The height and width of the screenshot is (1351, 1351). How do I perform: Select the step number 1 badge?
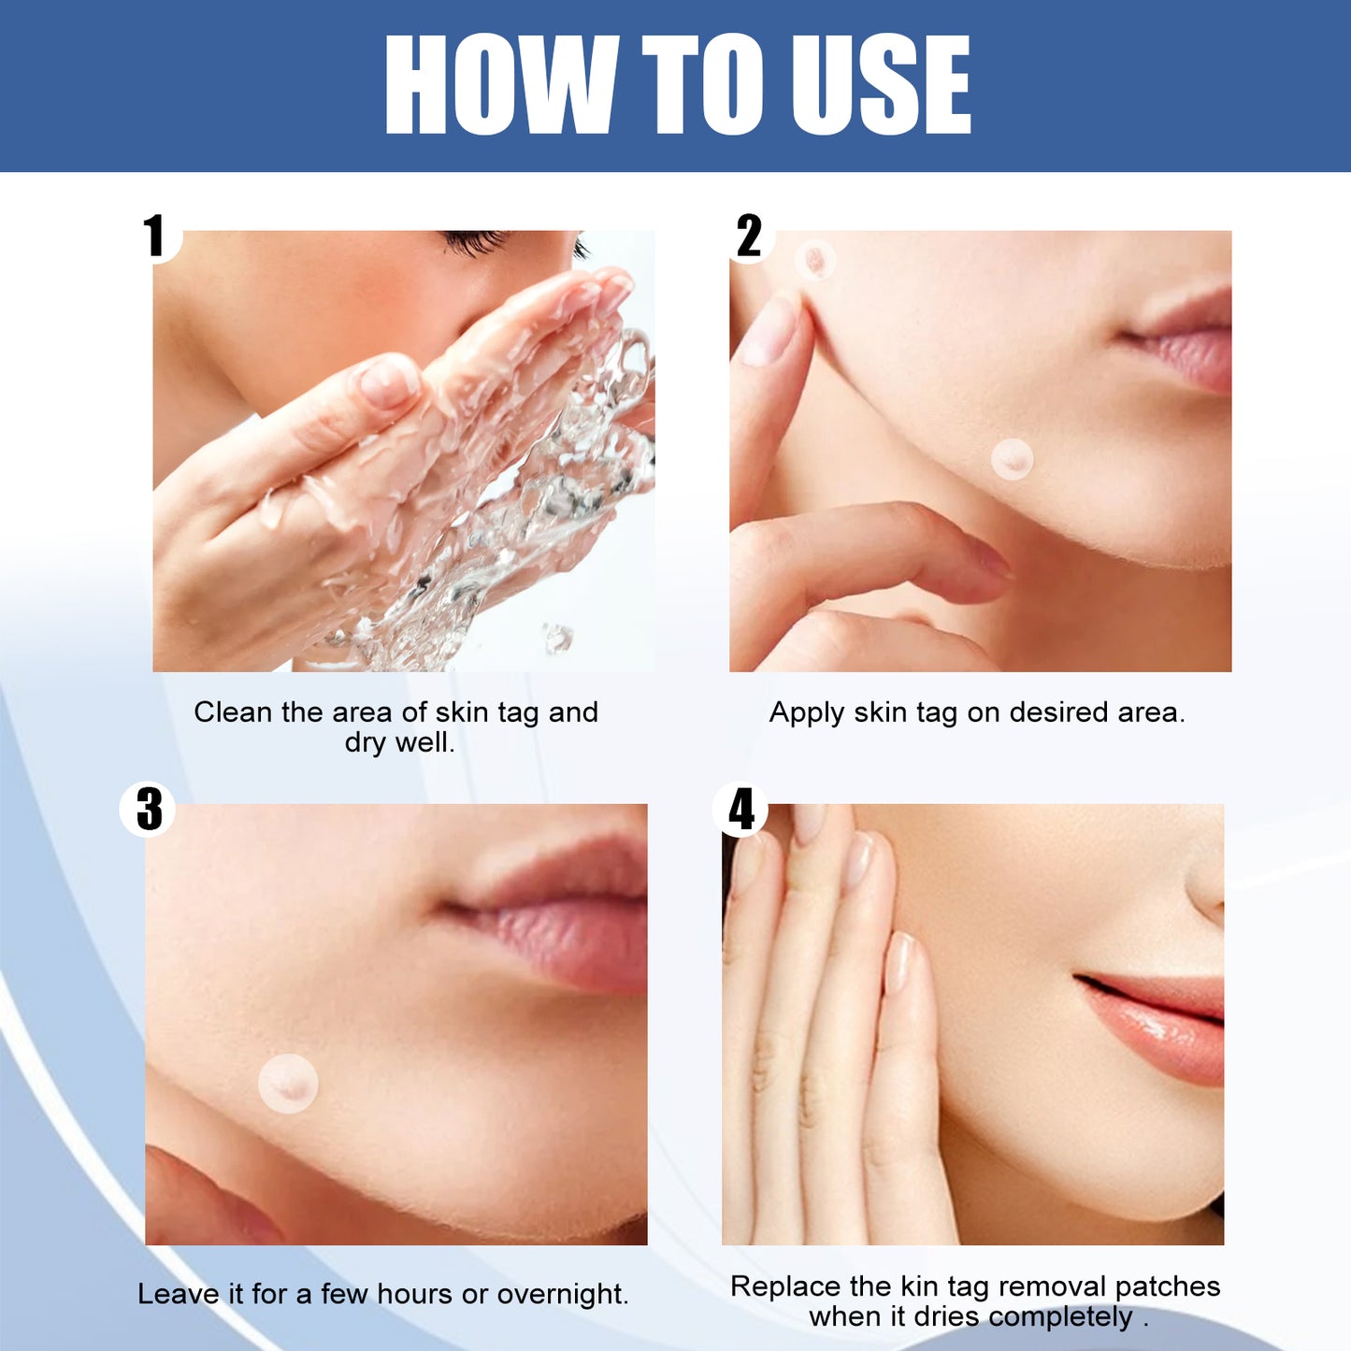(x=154, y=236)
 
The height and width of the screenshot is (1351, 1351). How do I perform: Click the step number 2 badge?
(x=749, y=236)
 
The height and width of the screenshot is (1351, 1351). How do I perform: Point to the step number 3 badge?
(x=149, y=810)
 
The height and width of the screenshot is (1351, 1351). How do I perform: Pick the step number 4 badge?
(x=741, y=810)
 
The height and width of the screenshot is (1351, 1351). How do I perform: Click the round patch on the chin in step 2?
(x=1012, y=459)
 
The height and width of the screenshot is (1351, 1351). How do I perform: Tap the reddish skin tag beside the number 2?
(x=815, y=259)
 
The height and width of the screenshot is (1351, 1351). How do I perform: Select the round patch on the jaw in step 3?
(x=288, y=1084)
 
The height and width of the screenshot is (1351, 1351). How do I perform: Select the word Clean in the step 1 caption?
(x=232, y=712)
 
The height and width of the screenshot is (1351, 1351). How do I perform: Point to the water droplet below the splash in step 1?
(x=558, y=639)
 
